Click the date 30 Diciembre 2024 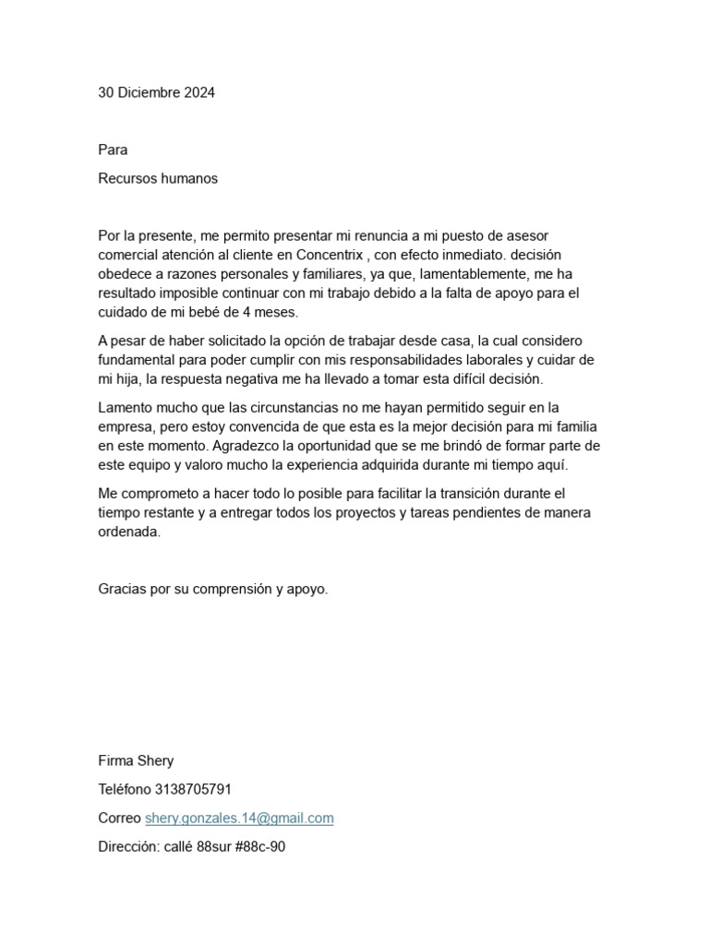point(157,92)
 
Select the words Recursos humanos point(158,178)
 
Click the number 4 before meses point(246,312)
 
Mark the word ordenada point(129,532)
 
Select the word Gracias point(124,588)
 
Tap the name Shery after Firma point(155,761)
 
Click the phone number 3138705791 point(192,790)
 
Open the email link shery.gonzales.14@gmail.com point(239,818)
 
